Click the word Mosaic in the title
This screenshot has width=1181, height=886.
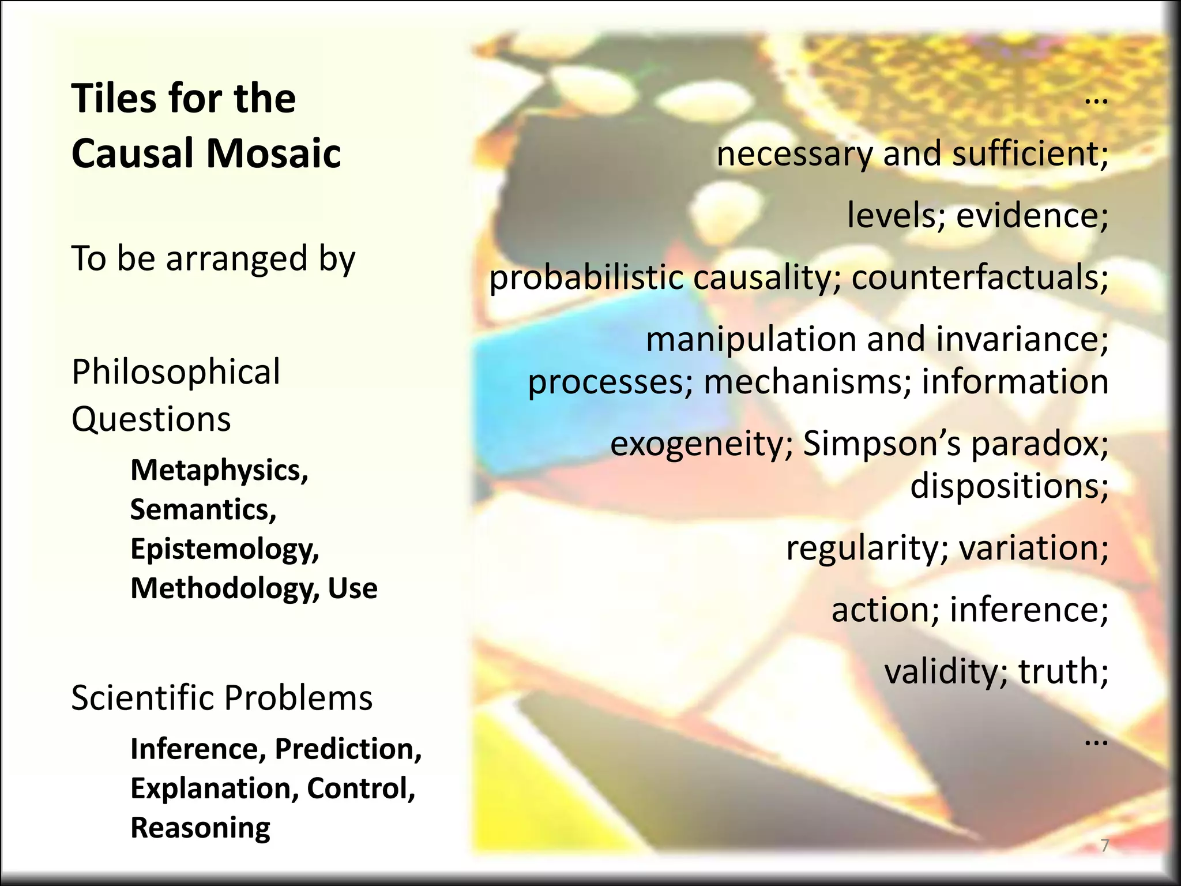pyautogui.click(x=274, y=153)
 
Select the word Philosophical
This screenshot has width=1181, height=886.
pyautogui.click(x=176, y=371)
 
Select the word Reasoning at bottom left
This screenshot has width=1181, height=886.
pyautogui.click(x=200, y=828)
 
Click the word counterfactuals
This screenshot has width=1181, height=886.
pyautogui.click(x=980, y=278)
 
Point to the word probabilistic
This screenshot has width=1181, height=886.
pyautogui.click(x=586, y=278)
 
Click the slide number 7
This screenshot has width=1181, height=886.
pyautogui.click(x=1105, y=846)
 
